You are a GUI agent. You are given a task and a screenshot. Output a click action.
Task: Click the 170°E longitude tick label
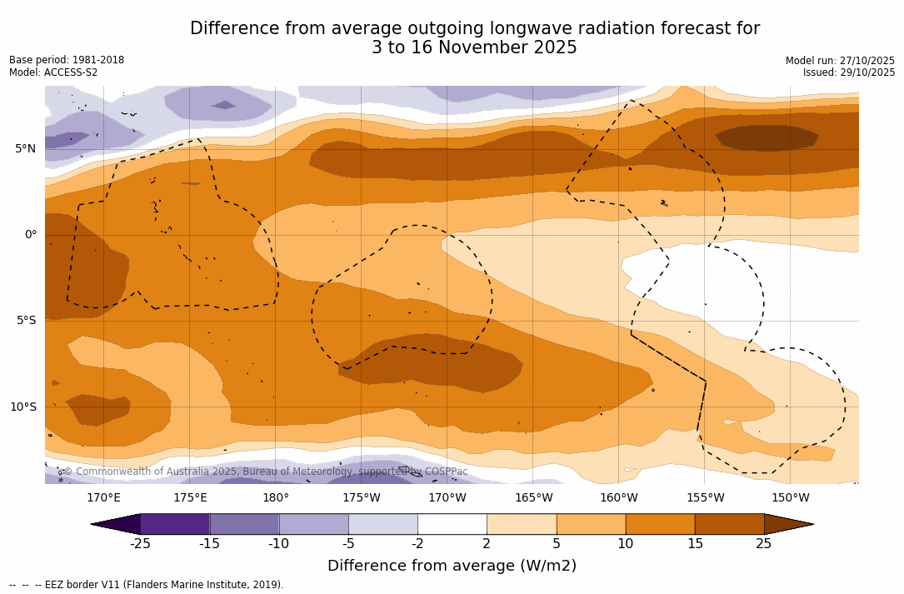click(103, 498)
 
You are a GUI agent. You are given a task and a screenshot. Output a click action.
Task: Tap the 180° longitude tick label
click(276, 498)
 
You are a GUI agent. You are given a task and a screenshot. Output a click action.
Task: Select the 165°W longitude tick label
click(533, 498)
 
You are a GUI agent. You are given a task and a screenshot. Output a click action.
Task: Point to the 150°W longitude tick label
click(790, 498)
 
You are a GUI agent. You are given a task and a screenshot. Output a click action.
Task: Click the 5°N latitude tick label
click(25, 149)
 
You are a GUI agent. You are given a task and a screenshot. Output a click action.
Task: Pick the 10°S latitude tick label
click(22, 407)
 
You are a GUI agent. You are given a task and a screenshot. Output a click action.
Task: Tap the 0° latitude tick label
click(30, 235)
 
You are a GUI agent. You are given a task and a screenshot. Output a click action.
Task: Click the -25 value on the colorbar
click(139, 544)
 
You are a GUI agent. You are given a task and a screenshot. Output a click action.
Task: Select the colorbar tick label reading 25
click(763, 544)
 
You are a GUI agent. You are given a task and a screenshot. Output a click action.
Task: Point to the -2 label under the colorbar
click(417, 544)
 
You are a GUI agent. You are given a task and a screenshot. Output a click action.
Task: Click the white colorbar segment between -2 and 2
click(452, 524)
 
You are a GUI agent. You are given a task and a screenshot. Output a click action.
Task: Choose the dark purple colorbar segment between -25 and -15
click(175, 524)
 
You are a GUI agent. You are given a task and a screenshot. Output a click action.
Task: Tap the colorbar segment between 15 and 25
click(729, 524)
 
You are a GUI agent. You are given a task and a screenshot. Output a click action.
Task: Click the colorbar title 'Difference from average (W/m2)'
click(452, 566)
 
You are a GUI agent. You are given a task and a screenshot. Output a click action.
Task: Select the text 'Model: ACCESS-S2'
click(53, 72)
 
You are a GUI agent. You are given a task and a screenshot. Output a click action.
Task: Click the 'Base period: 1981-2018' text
click(67, 60)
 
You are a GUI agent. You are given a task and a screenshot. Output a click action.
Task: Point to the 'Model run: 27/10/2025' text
click(840, 61)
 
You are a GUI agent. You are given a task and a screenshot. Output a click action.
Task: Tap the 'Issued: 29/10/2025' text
click(849, 72)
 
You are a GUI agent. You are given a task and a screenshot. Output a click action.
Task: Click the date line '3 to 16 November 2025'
click(474, 48)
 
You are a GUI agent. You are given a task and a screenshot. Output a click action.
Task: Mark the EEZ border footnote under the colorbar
click(147, 585)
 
